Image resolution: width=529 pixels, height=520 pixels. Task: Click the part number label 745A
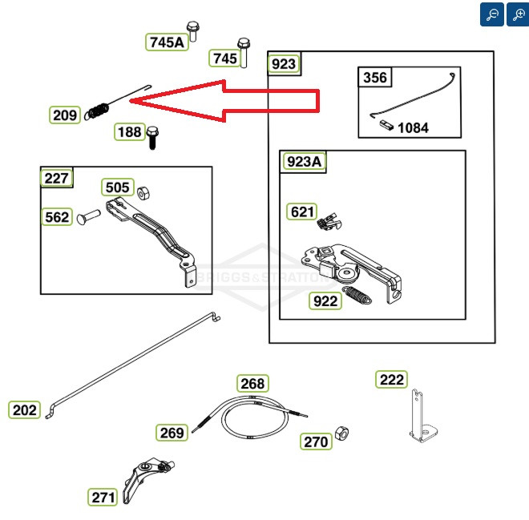pos(167,42)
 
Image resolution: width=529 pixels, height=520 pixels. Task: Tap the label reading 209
pos(65,115)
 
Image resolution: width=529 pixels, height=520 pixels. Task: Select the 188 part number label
pos(130,132)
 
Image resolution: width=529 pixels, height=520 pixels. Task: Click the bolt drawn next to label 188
pos(153,137)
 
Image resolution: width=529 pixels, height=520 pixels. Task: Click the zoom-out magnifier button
pos(492,14)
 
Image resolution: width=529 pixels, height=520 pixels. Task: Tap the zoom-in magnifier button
pos(517,14)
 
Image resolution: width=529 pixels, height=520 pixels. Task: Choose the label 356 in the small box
pos(375,78)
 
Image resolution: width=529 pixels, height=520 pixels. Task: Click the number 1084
pos(413,127)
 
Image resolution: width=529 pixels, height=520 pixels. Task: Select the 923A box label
pos(304,162)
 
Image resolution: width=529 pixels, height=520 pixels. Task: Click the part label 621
pos(302,212)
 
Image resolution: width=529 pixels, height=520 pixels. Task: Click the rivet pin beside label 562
pos(89,216)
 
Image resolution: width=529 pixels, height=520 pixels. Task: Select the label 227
pos(57,178)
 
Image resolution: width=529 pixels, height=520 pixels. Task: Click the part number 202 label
pos(25,410)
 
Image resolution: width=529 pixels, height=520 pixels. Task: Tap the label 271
pos(103,497)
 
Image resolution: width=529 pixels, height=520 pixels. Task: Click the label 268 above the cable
pos(252,384)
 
